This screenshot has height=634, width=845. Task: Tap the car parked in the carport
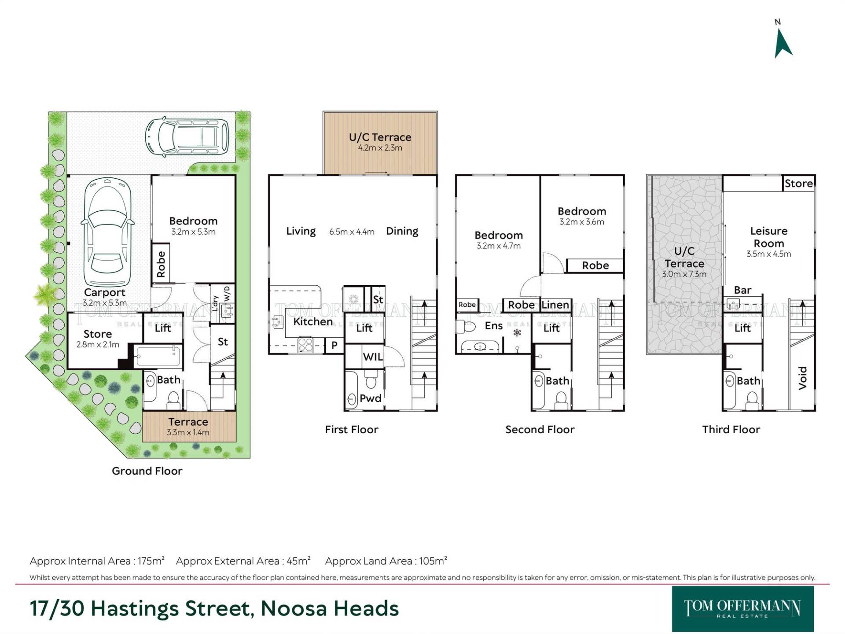(107, 232)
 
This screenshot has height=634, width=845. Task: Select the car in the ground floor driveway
(187, 136)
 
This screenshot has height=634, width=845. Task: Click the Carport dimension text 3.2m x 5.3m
(105, 303)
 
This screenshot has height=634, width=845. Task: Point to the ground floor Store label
(98, 334)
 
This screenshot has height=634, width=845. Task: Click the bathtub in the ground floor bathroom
(158, 357)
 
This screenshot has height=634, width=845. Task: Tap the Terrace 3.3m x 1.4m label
(188, 427)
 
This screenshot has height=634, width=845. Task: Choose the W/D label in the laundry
(227, 294)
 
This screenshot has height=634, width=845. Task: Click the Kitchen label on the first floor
(313, 322)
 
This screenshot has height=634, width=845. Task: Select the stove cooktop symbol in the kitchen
(305, 345)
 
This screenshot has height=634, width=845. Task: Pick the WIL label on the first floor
(373, 357)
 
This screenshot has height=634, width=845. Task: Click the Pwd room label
(371, 398)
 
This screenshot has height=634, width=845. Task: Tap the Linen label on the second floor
(555, 305)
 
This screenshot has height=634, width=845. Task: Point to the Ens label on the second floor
(494, 326)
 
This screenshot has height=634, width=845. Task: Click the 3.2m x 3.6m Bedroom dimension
(582, 222)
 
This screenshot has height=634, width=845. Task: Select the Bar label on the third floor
(743, 290)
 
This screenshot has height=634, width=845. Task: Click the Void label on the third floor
(803, 378)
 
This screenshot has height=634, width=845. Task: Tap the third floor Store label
(799, 184)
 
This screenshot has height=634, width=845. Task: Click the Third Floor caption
(731, 430)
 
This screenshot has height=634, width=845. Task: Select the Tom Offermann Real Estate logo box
(743, 609)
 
